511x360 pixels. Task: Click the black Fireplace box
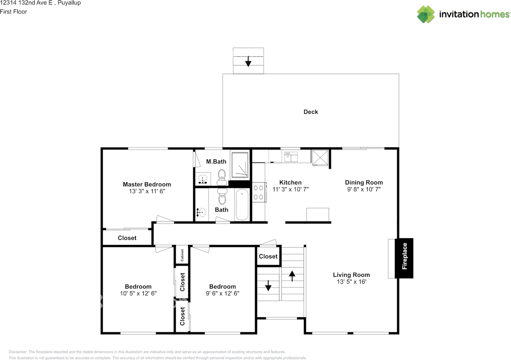click(404, 258)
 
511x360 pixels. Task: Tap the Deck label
click(311, 112)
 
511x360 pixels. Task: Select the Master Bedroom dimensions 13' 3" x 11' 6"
click(147, 191)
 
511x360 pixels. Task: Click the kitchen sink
click(291, 156)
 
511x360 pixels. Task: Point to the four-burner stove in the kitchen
click(259, 192)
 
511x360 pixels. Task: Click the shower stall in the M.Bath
click(240, 165)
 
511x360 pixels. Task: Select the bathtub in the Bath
click(242, 204)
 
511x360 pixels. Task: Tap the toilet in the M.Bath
click(222, 177)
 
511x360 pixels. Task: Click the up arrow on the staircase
click(292, 276)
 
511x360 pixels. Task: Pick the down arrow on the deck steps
click(248, 61)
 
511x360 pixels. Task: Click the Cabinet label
click(182, 255)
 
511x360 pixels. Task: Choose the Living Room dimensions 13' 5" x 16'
click(352, 282)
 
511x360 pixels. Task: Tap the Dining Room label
click(364, 182)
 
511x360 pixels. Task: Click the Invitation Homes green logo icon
click(426, 14)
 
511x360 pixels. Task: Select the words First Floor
click(14, 12)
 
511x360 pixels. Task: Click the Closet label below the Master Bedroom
click(127, 238)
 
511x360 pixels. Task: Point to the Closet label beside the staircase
click(268, 256)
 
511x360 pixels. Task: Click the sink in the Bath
click(201, 212)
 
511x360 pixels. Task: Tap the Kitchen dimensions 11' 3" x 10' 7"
click(290, 189)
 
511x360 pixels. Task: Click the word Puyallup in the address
click(69, 3)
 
